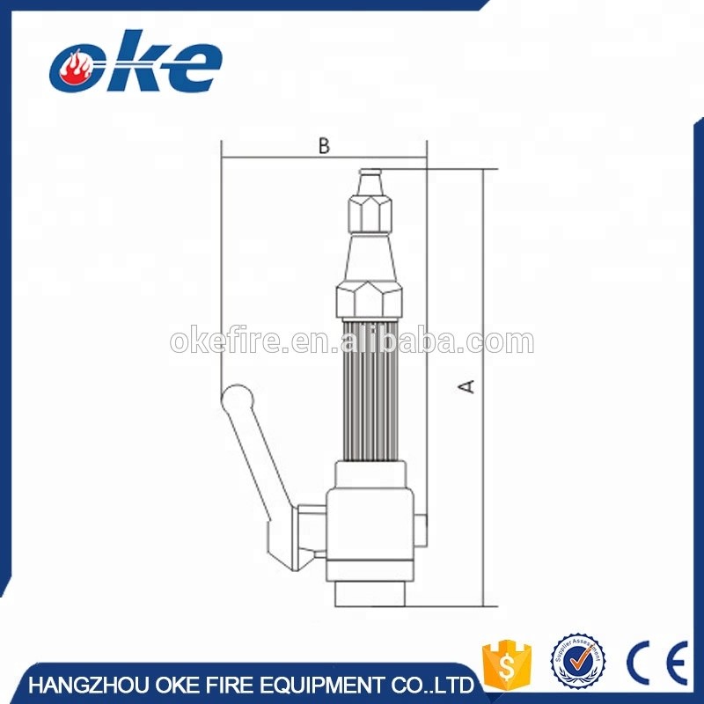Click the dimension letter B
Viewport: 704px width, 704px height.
[x=324, y=147]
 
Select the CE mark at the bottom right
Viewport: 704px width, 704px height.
[x=656, y=662]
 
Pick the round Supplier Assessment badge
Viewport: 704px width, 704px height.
[x=578, y=662]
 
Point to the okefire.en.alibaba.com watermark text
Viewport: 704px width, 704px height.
[x=352, y=341]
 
